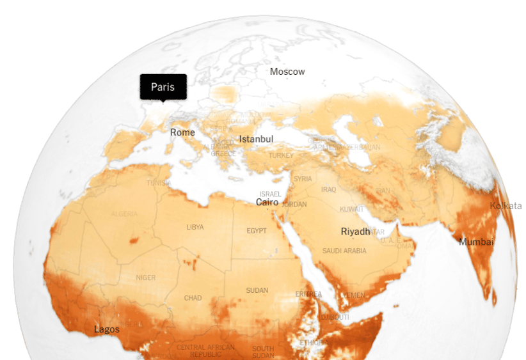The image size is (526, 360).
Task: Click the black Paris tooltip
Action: [163, 87]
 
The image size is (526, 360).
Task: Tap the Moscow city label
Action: [287, 72]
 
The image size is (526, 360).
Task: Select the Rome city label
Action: [182, 132]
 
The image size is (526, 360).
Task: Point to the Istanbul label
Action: [256, 139]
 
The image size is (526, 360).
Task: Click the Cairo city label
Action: [267, 202]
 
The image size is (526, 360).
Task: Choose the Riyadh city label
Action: [355, 231]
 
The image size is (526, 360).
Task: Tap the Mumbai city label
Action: [476, 242]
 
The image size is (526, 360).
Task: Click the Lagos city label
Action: [107, 329]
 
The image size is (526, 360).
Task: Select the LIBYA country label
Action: [195, 227]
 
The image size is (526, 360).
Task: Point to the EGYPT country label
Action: [257, 230]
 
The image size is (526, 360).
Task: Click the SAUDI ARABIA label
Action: [344, 251]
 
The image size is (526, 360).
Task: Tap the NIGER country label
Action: [146, 278]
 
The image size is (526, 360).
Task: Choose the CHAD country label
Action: [193, 298]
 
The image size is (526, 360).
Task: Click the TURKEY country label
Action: [281, 155]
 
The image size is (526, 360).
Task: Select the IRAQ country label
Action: [329, 189]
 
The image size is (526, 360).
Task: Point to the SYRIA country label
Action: [303, 178]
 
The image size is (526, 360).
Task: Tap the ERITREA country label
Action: [308, 293]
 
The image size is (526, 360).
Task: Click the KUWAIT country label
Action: [352, 209]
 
